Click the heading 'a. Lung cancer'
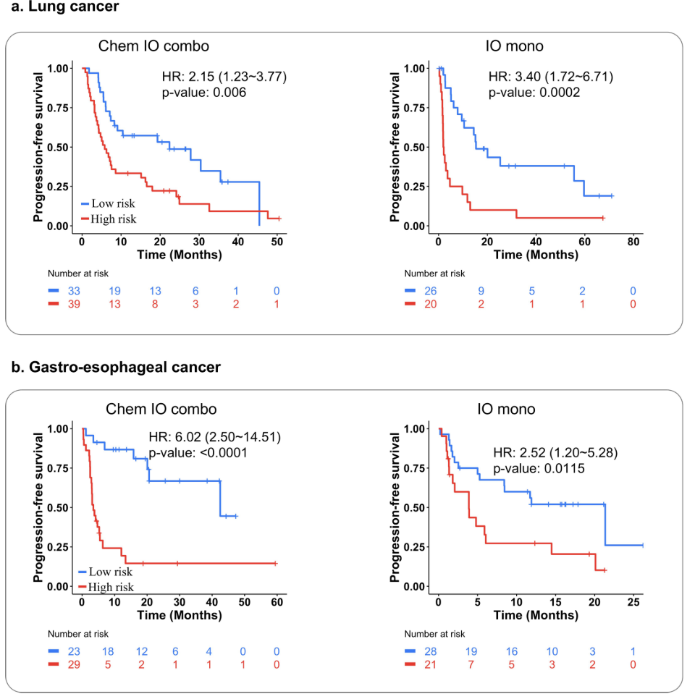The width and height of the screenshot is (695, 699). point(59,7)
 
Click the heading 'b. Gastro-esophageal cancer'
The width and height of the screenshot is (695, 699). point(116,367)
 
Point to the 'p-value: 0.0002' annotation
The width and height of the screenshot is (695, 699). point(535,93)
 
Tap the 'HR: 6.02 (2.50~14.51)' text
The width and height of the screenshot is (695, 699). point(215,437)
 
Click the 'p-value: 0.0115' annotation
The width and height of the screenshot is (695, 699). point(539,469)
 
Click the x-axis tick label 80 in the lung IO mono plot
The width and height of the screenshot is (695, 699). point(633,241)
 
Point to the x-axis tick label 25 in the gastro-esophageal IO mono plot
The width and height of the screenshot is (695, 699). point(633,602)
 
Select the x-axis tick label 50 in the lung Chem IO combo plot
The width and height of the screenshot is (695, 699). point(277,241)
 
